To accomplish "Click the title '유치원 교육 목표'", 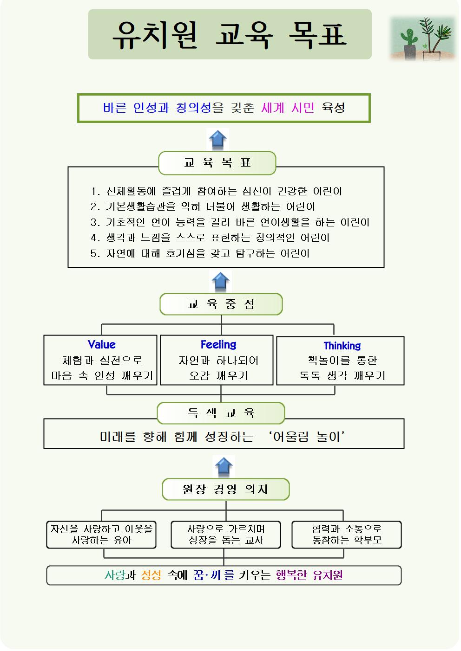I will pos(230,34).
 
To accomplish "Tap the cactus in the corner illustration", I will pos(409,40).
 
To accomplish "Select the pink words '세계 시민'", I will pos(288,108).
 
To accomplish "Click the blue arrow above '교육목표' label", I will pos(218,140).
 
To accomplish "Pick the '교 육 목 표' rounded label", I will pos(217,163).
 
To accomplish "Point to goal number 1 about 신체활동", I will pos(216,191).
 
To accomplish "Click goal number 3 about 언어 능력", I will pos(230,222).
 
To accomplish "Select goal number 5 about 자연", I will pos(200,253).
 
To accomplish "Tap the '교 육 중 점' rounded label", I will pos(221,304).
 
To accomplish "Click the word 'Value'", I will pos(101,345).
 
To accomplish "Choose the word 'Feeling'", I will pos(218,345).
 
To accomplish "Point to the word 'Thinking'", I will pos(342,346).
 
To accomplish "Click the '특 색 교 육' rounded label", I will pos(221,413).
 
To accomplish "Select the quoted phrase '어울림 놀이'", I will pos(307,437).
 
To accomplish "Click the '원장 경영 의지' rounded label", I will pos(225,489).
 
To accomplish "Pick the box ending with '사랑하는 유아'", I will pos(101,535).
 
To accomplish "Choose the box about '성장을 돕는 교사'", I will pos(226,535).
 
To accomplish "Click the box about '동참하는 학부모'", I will pos(347,535).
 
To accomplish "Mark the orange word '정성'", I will pos(151,575).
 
